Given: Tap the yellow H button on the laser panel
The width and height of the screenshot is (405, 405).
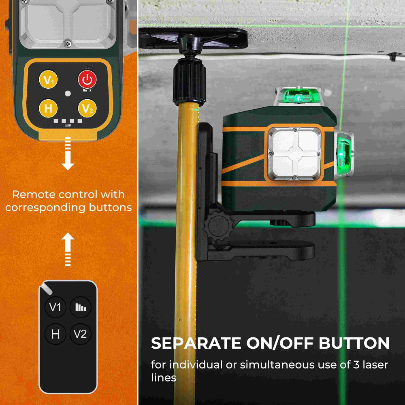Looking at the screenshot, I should (x=48, y=108).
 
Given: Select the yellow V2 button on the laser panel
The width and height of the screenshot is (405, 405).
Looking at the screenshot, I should (x=87, y=108).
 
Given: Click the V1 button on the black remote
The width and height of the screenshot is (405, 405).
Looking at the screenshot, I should (x=55, y=307).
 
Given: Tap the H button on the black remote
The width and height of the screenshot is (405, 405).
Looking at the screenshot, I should (x=55, y=334).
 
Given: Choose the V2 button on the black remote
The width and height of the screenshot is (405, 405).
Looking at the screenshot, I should (x=81, y=334).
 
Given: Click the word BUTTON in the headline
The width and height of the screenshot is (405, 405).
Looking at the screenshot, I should (x=354, y=343).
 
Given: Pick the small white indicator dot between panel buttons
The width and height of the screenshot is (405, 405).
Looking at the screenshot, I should (x=68, y=93).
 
